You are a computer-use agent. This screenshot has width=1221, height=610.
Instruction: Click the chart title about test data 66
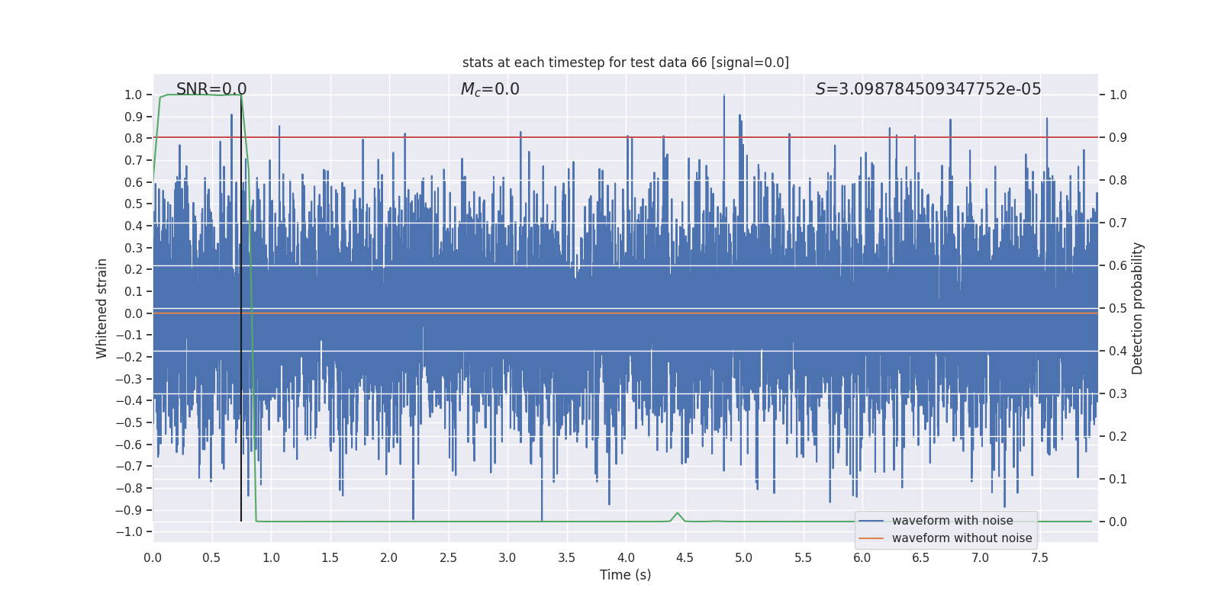[625, 63]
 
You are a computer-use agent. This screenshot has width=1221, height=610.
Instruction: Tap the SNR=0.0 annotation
[211, 89]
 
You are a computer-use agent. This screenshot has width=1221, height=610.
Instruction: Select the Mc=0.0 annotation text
[490, 89]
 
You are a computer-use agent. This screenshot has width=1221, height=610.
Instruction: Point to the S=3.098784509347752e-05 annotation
[928, 89]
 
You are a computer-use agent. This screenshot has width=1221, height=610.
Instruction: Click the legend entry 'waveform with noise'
[952, 521]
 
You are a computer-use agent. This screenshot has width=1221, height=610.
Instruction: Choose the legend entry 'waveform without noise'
[962, 538]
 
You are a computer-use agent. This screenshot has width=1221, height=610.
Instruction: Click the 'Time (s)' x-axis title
[625, 575]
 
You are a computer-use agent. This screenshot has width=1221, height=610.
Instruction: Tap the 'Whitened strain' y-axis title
[102, 308]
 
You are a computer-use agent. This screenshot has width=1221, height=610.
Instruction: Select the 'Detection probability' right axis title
[1138, 308]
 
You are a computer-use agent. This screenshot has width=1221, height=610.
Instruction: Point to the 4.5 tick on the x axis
[685, 557]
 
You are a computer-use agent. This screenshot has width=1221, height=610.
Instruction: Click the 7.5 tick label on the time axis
[1039, 557]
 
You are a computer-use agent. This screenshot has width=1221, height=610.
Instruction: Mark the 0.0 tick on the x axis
[153, 557]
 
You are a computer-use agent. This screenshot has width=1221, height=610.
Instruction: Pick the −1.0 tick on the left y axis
[133, 532]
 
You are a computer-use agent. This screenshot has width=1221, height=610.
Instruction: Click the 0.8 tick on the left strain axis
[134, 138]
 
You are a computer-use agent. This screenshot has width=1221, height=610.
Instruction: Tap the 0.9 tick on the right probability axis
[1118, 138]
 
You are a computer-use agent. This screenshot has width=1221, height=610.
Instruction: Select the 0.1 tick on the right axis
[1118, 479]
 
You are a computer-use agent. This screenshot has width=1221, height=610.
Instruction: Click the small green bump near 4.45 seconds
[678, 513]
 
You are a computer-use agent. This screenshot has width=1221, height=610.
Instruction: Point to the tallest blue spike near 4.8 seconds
[723, 97]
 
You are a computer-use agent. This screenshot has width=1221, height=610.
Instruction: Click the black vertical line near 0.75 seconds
[241, 305]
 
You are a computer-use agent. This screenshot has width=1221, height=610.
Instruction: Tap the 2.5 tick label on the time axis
[448, 557]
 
